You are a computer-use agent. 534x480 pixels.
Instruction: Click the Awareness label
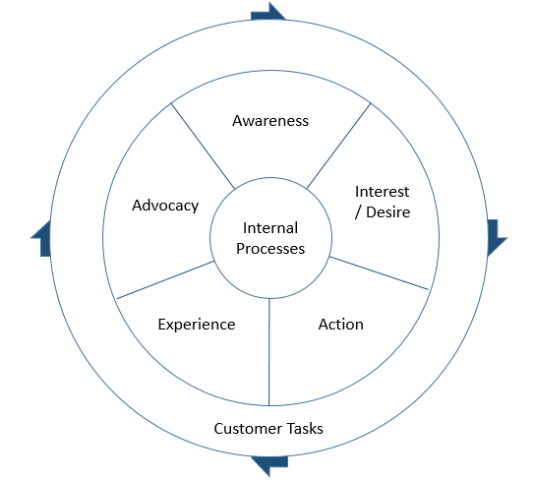[270, 121]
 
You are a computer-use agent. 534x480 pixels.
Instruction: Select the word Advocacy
[165, 206]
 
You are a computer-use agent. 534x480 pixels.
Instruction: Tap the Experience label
[197, 324]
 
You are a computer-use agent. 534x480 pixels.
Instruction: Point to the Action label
[341, 324]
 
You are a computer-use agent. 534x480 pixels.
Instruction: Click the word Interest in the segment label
[383, 191]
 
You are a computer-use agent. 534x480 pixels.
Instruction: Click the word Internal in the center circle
[270, 228]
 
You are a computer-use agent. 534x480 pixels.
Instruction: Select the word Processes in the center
[270, 248]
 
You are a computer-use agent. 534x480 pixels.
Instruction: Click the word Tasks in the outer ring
[304, 429]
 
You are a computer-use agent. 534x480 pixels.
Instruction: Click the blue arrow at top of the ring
[268, 12]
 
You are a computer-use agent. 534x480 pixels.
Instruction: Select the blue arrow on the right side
[496, 236]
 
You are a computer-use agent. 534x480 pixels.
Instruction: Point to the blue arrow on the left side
[42, 239]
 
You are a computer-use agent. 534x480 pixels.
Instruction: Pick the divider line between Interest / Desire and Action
[379, 272]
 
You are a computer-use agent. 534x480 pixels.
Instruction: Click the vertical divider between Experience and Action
[269, 352]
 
